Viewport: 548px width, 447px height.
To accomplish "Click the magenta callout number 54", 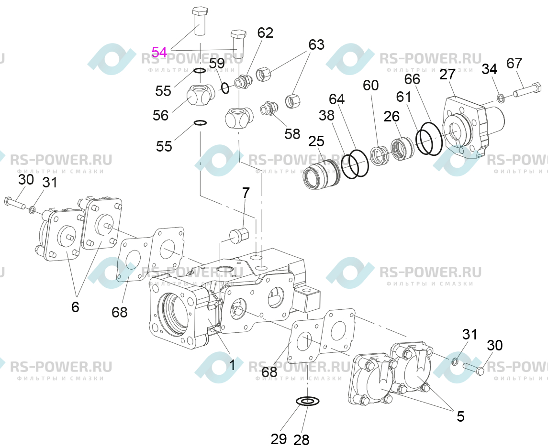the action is point(159,52).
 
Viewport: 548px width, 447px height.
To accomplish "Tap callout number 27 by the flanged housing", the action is point(447,75).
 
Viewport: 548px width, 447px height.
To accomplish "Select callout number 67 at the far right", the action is point(514,64).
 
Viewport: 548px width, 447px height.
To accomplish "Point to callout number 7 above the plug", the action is point(246,193).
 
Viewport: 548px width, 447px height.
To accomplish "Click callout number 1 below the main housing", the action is point(232,365).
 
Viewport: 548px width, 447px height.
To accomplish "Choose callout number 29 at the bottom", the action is point(279,439).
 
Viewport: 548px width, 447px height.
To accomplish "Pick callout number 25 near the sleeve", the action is point(316,142).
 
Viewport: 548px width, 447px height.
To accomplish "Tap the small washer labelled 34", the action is point(501,98).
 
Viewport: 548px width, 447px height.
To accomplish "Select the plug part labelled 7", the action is point(239,235).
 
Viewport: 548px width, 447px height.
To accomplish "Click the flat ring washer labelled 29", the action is point(308,401).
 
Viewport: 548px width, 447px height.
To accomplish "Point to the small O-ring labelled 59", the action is point(225,88).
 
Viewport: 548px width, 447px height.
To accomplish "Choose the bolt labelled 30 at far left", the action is point(15,204).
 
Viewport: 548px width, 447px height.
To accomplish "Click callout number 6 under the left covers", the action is point(75,307).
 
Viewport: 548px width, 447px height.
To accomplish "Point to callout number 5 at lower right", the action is point(460,416).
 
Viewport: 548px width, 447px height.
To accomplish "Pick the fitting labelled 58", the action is point(269,108).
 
